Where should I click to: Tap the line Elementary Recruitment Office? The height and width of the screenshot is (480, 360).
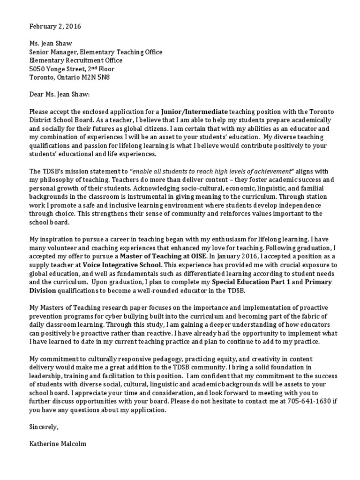75,60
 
